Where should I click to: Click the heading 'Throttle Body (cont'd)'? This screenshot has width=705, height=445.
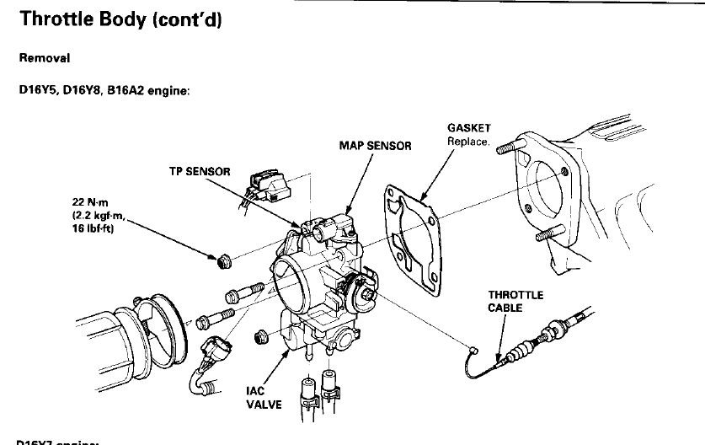[120, 22]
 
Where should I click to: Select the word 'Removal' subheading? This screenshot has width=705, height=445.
[44, 60]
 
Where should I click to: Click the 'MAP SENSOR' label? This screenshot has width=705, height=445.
[375, 146]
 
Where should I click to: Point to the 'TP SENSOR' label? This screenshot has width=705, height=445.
[199, 171]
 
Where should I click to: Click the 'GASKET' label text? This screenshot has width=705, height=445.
[468, 129]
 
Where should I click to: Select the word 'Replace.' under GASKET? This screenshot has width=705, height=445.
[468, 142]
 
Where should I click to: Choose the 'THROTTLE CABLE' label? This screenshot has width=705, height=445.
[516, 301]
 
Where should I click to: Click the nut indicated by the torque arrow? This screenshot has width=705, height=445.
[224, 262]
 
